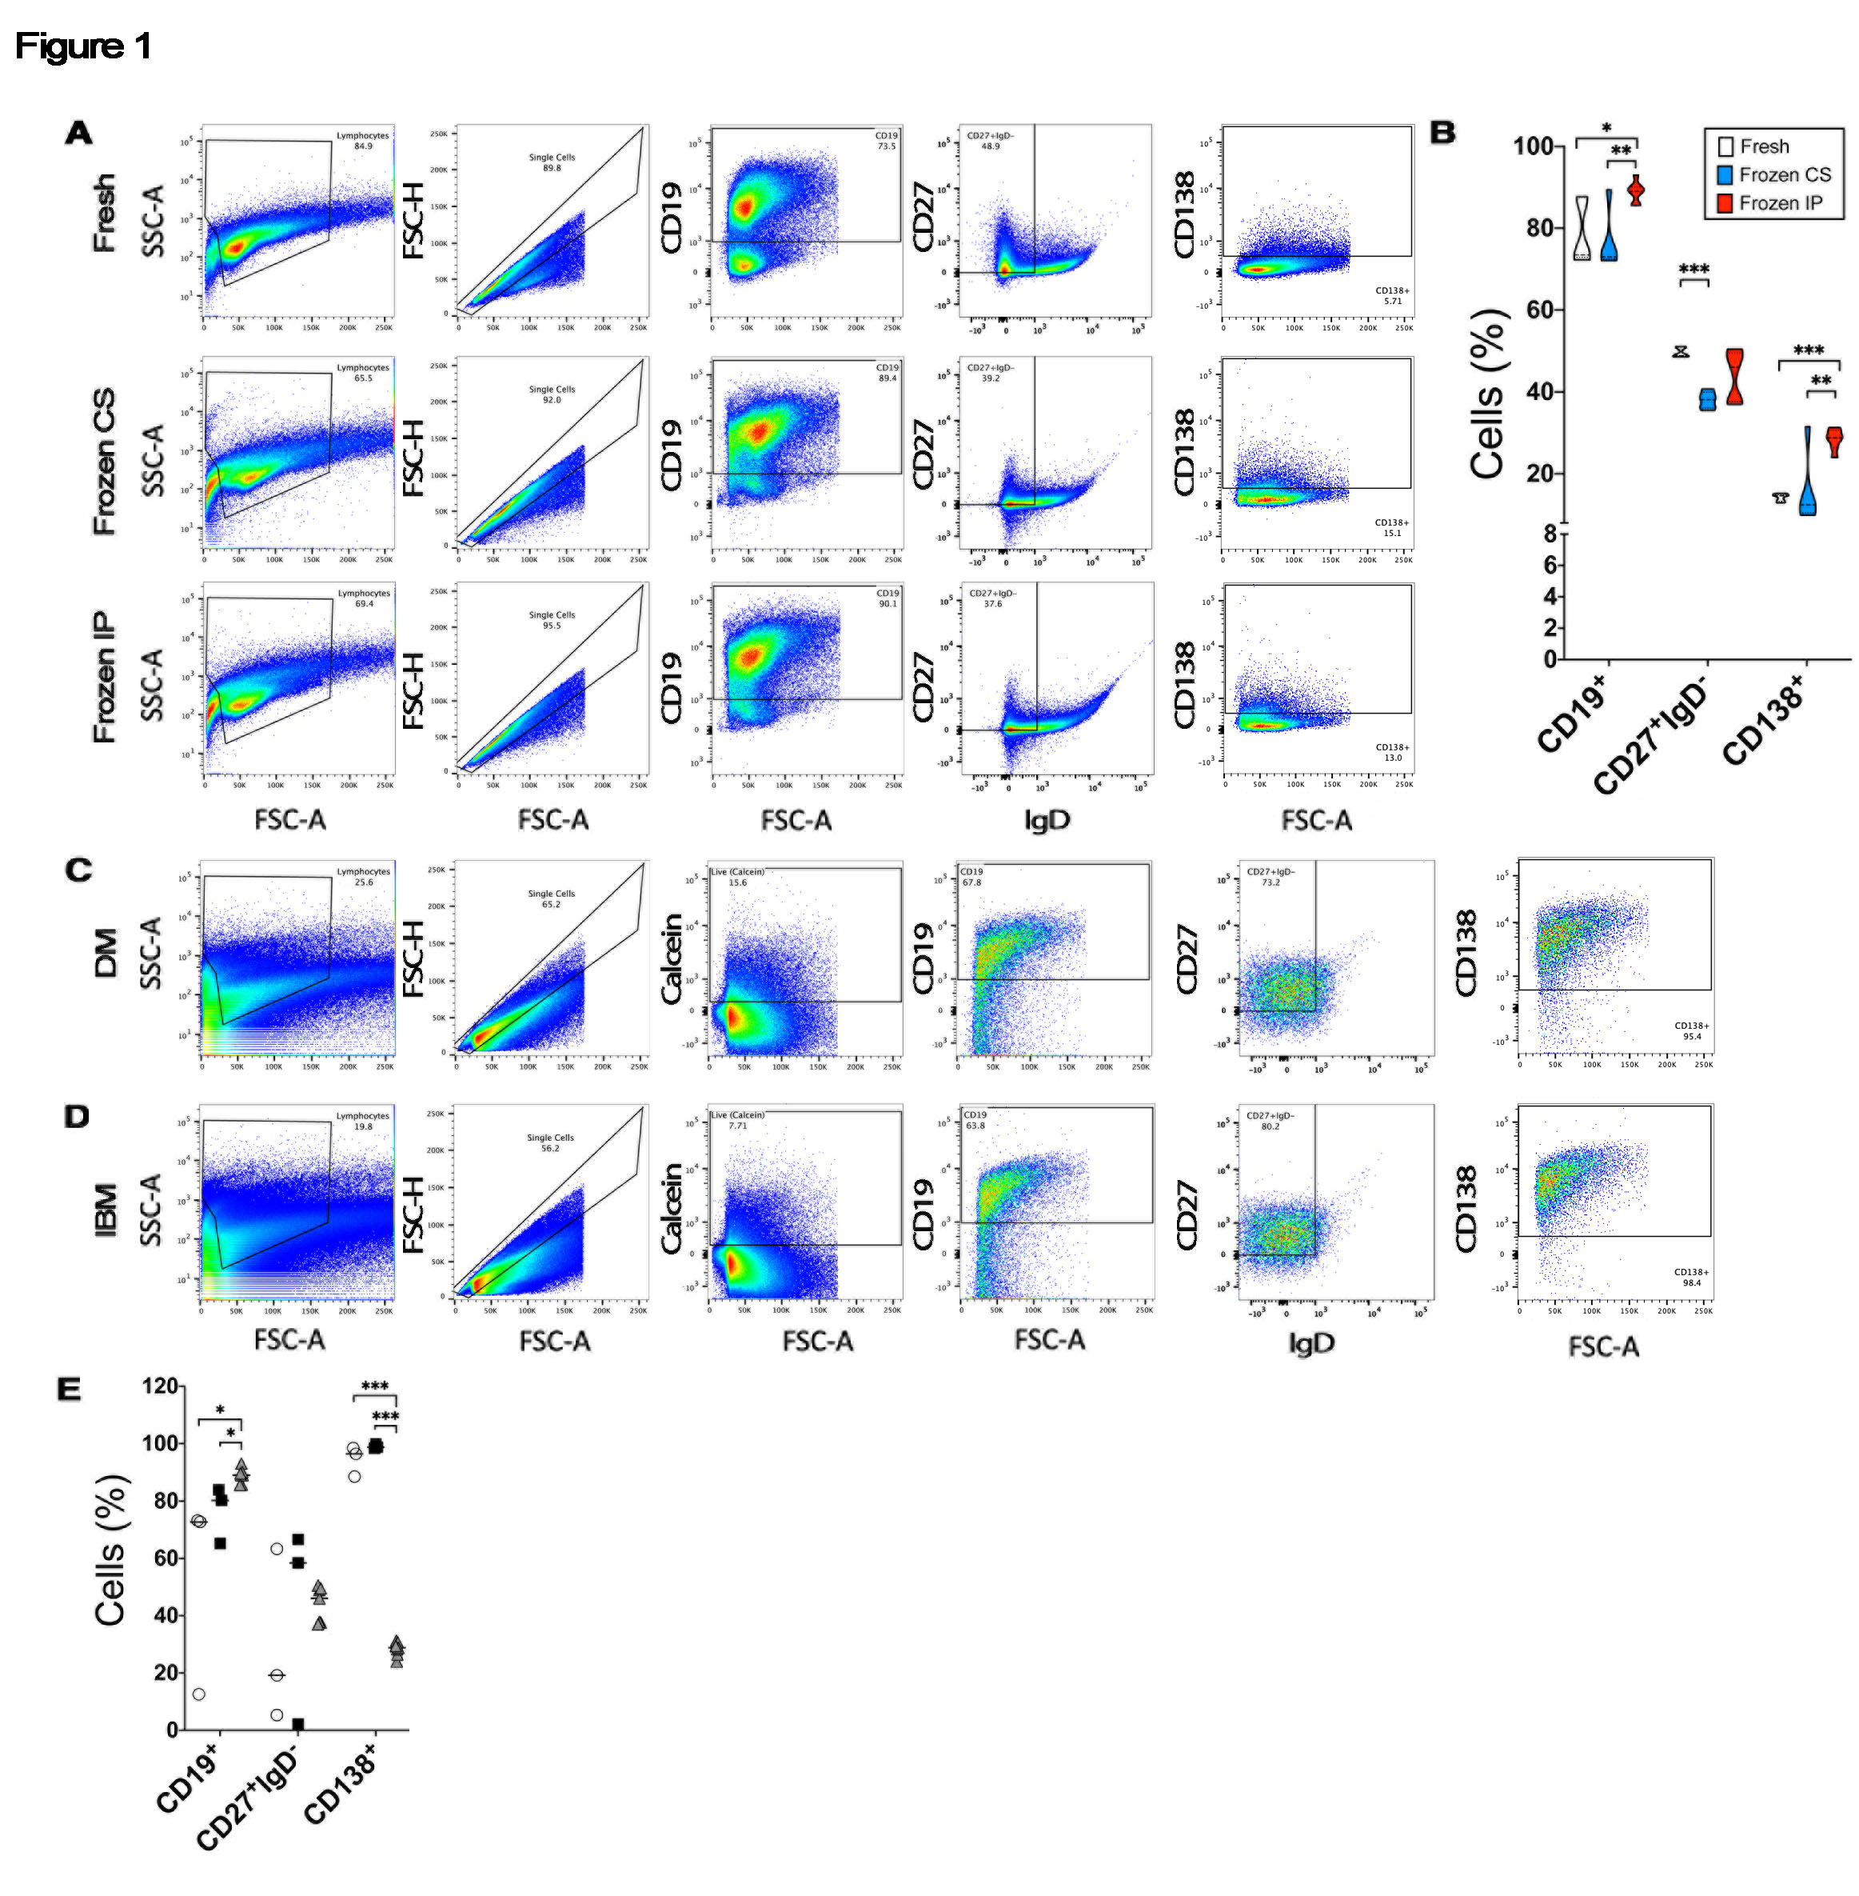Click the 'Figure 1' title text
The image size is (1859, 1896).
(x=83, y=46)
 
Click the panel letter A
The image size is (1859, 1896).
(x=79, y=133)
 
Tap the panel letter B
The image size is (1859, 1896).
(x=1442, y=133)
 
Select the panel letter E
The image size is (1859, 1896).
(x=68, y=1389)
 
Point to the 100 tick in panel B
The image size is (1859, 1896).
(x=1533, y=146)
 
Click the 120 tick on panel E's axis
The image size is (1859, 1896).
(x=160, y=1386)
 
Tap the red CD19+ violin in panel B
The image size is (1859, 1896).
(x=1637, y=191)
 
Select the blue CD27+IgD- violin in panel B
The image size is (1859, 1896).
(x=1708, y=399)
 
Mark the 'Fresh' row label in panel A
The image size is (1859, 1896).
(x=103, y=213)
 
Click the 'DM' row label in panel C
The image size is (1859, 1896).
(x=106, y=952)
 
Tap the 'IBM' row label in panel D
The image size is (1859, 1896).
(x=106, y=1210)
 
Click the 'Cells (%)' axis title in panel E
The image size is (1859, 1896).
(x=110, y=1550)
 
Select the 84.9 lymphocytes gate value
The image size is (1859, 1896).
(x=363, y=146)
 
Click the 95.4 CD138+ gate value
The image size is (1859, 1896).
(x=1692, y=1037)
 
